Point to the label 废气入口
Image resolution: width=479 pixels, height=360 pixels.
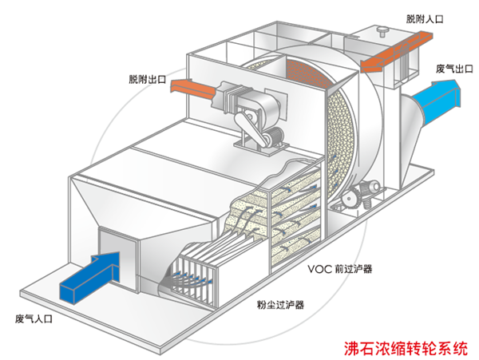click(34, 318)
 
